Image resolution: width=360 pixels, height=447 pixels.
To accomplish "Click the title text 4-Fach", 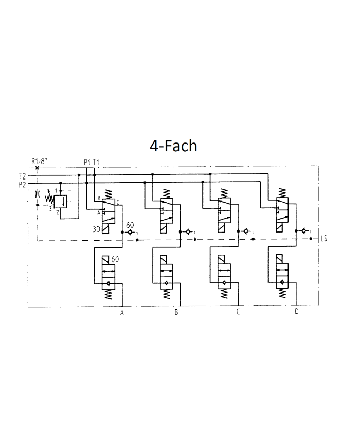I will [173, 146].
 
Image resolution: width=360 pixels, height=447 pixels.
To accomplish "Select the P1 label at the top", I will [87, 163].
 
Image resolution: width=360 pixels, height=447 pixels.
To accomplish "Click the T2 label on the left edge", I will [22, 176].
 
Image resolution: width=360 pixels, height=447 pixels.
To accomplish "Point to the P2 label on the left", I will [22, 184].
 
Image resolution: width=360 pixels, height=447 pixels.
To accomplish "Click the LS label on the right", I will [323, 239].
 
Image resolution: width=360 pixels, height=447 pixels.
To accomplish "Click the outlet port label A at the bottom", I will [122, 312].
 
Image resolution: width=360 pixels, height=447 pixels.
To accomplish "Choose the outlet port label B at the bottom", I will [176, 312].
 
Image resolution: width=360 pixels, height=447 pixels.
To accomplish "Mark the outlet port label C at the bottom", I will [238, 312].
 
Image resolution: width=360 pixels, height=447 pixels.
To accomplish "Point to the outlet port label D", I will [296, 312].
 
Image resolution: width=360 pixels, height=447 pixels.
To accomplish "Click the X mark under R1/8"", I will [38, 168].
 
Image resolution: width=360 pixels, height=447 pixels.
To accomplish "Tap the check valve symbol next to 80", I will [132, 232].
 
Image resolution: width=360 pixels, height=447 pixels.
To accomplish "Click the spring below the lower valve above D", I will [282, 294].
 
